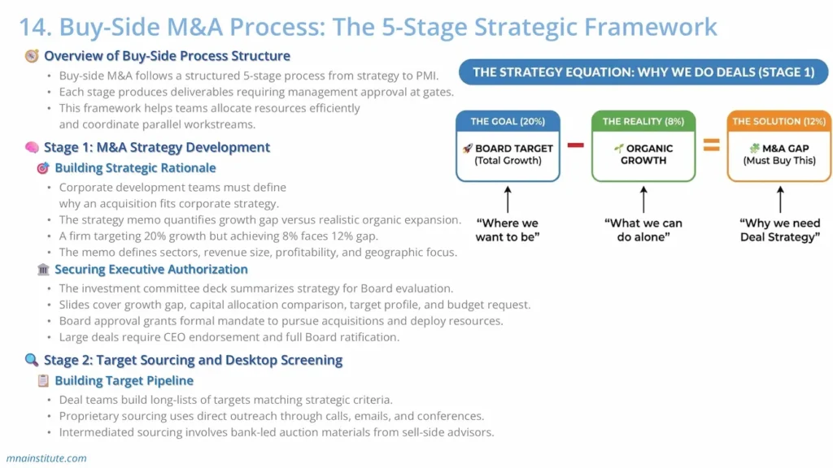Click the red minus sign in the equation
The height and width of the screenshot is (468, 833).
[576, 145]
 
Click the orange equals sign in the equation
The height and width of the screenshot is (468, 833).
[712, 145]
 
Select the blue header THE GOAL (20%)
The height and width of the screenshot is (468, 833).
[508, 121]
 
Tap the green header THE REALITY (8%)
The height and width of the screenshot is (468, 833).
[643, 121]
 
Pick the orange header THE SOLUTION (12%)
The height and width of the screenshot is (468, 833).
[779, 121]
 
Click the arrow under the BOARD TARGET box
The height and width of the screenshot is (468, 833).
[508, 198]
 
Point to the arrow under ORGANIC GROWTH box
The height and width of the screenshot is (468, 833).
[643, 198]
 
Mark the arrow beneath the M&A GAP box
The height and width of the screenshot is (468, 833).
[779, 198]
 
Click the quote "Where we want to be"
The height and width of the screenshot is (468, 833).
[508, 230]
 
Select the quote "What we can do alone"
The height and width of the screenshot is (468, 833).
[643, 230]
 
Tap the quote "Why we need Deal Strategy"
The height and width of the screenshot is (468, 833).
[779, 230]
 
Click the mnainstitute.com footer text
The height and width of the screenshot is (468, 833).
[46, 458]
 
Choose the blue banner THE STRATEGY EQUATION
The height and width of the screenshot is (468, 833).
[643, 72]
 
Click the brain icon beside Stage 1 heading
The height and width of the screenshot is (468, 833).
[32, 148]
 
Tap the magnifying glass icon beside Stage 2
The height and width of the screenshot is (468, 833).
[32, 360]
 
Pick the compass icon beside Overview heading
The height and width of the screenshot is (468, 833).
[32, 56]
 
